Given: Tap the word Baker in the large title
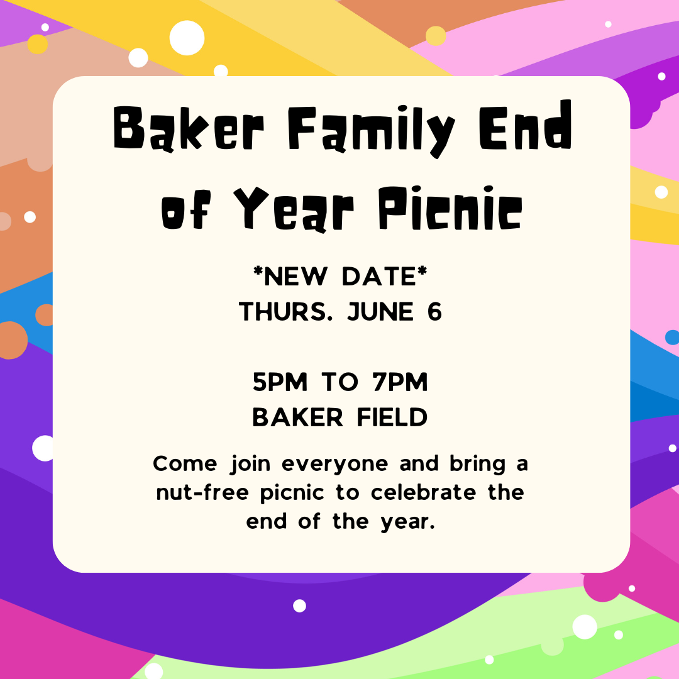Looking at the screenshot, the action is pos(189,129).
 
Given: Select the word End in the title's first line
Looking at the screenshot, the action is pos(525,124).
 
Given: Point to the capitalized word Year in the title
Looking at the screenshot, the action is pos(294,209).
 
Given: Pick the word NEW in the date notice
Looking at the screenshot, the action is pos(295,277).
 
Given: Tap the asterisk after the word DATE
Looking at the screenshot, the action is pos(422,272).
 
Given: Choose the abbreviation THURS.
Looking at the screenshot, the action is pos(286,312).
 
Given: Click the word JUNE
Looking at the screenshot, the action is pos(380,312).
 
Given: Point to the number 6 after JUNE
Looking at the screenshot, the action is pos(434,312).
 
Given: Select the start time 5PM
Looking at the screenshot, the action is pos(280,382).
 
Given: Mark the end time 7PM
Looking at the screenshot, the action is pos(400,382).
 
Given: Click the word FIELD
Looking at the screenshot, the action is pos(392,417).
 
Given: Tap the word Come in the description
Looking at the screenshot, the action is pos(185,464).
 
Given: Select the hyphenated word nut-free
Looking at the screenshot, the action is pos(202,492).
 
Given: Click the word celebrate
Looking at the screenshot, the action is pos(423,492).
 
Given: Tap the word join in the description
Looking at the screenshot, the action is pos(250,464).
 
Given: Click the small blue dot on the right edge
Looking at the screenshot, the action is pos(672,338).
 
